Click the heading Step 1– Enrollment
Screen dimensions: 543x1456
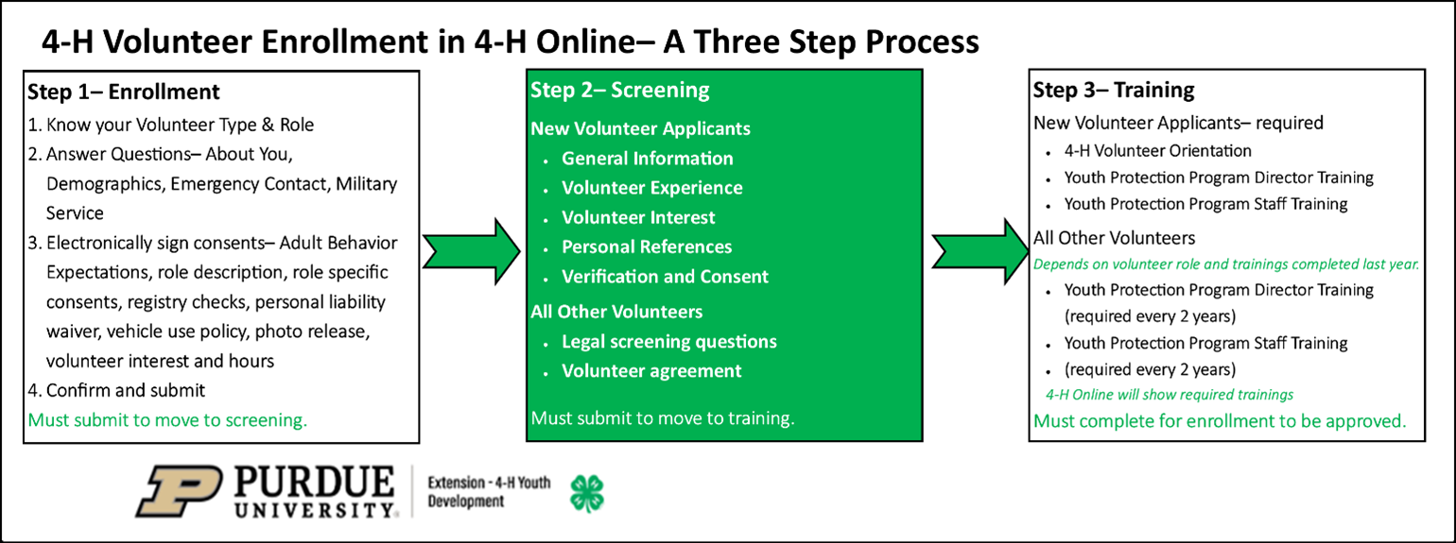click(x=124, y=92)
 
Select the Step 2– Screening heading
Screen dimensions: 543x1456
click(x=619, y=91)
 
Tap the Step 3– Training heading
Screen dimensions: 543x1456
click(x=1114, y=91)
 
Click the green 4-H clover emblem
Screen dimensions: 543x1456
click(x=586, y=492)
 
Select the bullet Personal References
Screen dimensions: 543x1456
click(x=647, y=246)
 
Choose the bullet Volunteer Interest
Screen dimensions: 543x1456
click(x=638, y=217)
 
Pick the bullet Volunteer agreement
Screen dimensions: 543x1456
click(x=651, y=371)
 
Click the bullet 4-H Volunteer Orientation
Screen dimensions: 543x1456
click(x=1157, y=150)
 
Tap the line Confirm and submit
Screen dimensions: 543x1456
click(x=116, y=390)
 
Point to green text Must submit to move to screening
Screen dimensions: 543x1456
click(x=167, y=420)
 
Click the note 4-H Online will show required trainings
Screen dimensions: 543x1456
click(x=1169, y=394)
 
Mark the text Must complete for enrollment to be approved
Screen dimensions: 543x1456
click(x=1220, y=421)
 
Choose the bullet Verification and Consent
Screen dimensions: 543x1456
click(x=665, y=277)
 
